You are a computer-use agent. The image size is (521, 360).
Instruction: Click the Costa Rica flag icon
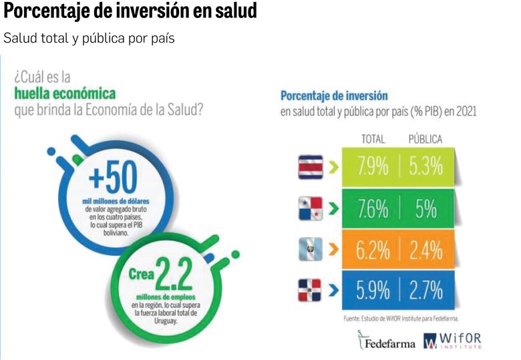click(311, 166)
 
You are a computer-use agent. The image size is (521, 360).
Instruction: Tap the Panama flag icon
click(311, 208)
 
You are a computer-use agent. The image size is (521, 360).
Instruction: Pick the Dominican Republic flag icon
click(311, 290)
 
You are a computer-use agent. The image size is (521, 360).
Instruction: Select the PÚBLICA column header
click(425, 139)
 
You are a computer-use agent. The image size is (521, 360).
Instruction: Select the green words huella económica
click(65, 93)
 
